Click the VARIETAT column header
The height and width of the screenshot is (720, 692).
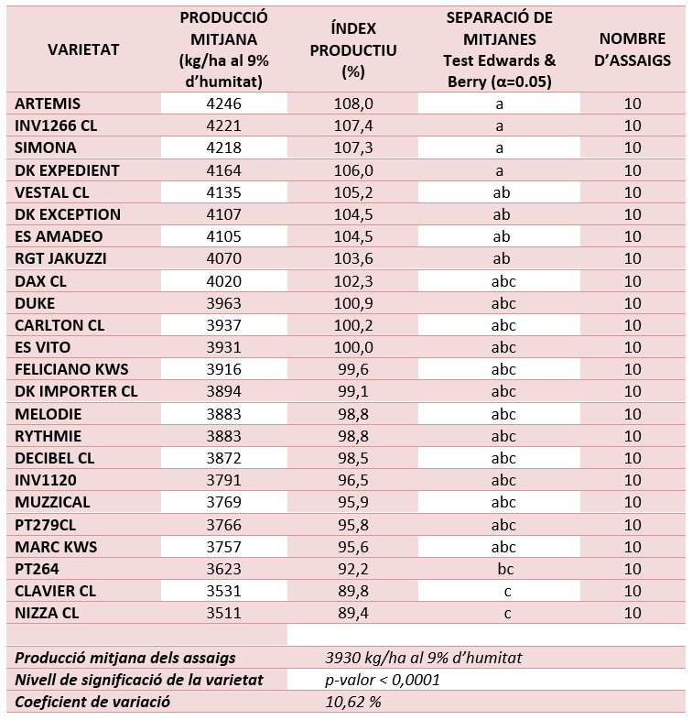click(x=83, y=49)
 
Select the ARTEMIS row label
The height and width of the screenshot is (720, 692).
click(x=48, y=104)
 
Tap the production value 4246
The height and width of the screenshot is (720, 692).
click(x=223, y=104)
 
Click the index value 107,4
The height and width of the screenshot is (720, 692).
click(x=353, y=125)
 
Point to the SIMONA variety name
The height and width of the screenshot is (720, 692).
click(x=46, y=147)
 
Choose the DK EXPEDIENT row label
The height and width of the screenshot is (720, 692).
click(x=67, y=170)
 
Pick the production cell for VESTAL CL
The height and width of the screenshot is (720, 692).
click(x=223, y=193)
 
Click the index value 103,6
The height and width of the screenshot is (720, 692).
click(x=353, y=258)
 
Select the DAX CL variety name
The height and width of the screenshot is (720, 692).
click(x=40, y=281)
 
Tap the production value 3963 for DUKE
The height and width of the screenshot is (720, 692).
click(x=223, y=303)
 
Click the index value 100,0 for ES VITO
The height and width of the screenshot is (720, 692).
click(x=353, y=347)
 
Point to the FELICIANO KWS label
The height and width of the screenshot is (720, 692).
click(x=71, y=370)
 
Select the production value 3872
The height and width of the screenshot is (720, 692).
click(x=223, y=458)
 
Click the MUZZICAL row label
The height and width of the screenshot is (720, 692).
click(x=52, y=502)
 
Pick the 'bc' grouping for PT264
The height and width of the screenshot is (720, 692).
click(x=505, y=570)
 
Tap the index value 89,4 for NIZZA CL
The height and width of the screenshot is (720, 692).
click(x=353, y=614)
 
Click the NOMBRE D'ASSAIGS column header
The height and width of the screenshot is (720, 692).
click(x=633, y=49)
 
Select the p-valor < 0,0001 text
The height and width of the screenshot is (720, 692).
click(x=383, y=680)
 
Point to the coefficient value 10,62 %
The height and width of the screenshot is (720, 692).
click(x=353, y=702)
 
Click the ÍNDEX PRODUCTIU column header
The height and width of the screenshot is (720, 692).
click(x=353, y=49)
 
